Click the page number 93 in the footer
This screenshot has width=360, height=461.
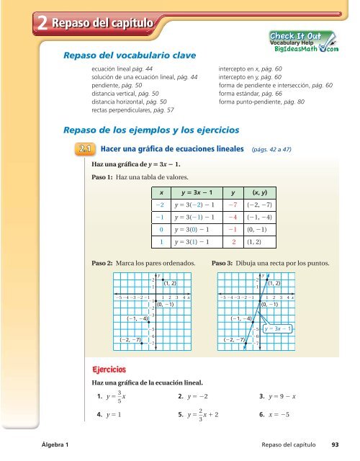click(335, 446)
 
